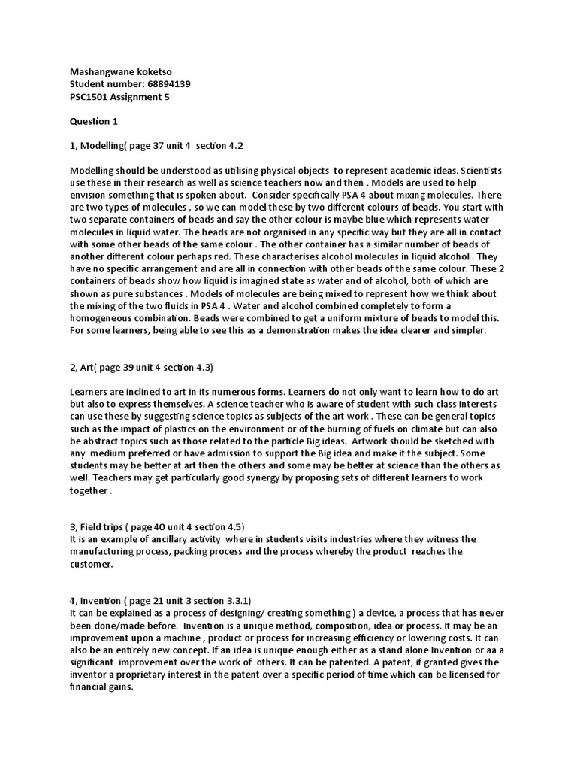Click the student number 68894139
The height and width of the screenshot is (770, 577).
166,84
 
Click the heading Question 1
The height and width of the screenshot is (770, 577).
94,121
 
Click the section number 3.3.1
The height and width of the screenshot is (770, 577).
234,600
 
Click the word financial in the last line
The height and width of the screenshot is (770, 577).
90,687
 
